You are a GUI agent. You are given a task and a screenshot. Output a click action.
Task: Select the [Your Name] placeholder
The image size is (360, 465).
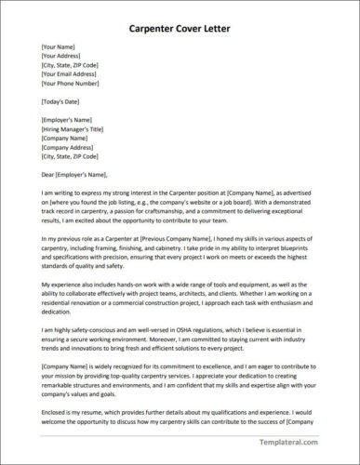click(x=60, y=46)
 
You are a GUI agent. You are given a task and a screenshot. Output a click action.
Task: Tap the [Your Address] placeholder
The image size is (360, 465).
click(x=63, y=56)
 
